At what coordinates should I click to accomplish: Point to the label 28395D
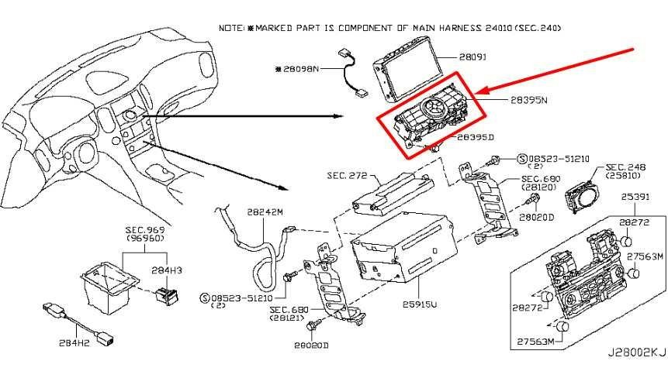point(476,137)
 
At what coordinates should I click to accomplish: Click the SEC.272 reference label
point(346,177)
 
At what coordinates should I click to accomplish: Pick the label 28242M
point(266,211)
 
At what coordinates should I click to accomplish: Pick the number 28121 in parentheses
point(292,319)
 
